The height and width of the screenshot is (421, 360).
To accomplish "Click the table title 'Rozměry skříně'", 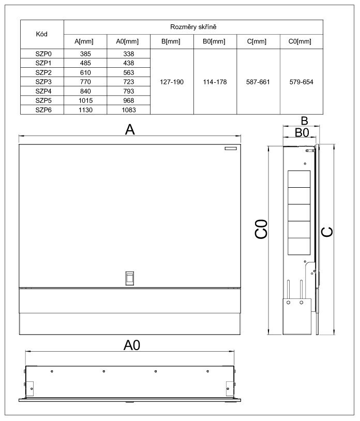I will [x=193, y=26].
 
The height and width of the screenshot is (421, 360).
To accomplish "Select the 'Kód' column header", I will [x=42, y=34].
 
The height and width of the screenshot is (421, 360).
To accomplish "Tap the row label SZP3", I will [x=42, y=82].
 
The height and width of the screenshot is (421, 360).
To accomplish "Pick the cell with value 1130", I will [x=85, y=110].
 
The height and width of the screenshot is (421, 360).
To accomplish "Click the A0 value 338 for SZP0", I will [x=129, y=53].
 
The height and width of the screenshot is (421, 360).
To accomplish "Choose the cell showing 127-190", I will [x=172, y=82].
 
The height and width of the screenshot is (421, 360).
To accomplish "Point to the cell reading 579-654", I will [x=302, y=82].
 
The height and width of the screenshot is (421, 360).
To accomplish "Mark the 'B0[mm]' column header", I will [x=215, y=41].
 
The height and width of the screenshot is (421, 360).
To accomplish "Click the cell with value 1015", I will [x=85, y=100].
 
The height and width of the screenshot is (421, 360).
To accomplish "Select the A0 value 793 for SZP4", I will [x=129, y=91].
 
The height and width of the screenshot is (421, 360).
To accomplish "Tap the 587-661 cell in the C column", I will [x=258, y=82].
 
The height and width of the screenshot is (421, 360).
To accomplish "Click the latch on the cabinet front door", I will [x=129, y=277].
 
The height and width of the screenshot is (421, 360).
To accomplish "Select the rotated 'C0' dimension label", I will [x=262, y=229].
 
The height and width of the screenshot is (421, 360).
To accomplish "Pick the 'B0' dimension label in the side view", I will [x=302, y=132].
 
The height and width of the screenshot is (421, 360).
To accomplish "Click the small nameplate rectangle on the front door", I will [x=231, y=148].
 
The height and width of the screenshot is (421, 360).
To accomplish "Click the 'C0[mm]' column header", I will [x=302, y=41].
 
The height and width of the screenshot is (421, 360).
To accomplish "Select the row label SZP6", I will [x=42, y=110].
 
